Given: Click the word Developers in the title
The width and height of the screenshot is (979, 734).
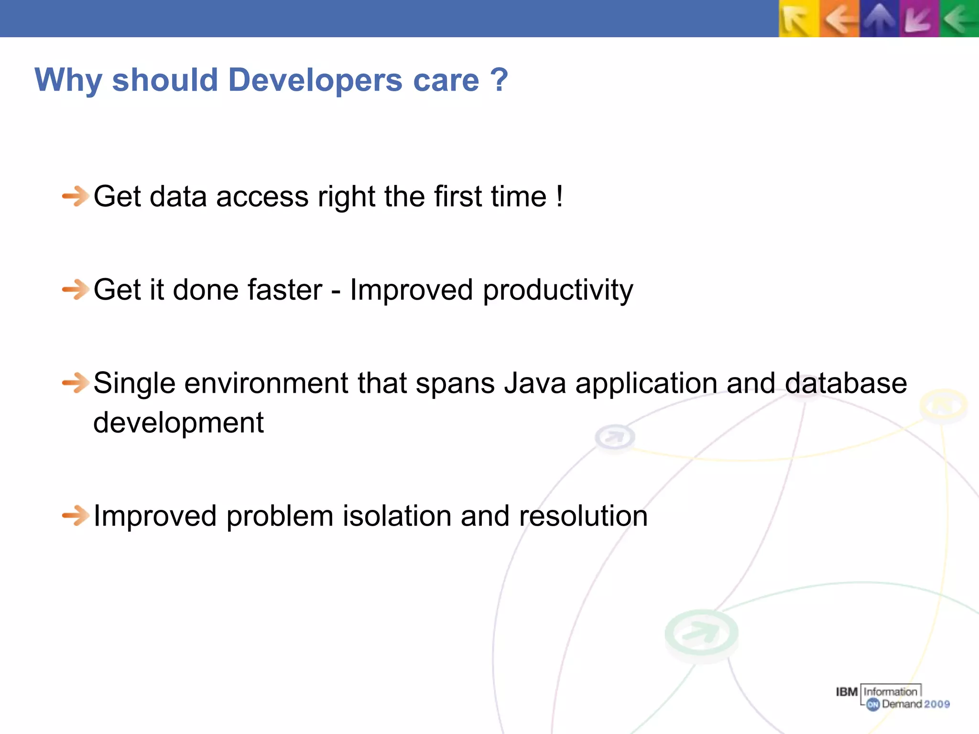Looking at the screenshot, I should [x=315, y=80].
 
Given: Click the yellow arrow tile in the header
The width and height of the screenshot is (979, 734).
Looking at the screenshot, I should [x=799, y=19].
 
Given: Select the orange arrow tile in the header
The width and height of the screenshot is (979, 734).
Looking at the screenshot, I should [x=839, y=19].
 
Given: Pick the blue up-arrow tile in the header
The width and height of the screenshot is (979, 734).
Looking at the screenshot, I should [x=879, y=19].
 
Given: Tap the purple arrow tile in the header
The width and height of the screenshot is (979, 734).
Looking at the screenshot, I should [x=919, y=19].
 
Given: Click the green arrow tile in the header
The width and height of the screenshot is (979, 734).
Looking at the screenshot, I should [x=959, y=19].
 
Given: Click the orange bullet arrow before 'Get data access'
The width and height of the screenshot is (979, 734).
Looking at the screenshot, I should [x=76, y=196].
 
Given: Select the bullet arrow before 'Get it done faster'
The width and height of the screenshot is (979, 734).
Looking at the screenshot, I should [x=76, y=290].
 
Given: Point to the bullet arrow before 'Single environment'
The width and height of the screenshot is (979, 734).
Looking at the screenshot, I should [x=76, y=383].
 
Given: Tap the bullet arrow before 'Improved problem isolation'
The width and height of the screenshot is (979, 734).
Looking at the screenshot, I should [x=76, y=516].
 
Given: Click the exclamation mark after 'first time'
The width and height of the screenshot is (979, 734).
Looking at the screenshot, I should [x=559, y=196].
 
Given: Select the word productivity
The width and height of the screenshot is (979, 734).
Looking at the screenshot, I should [x=558, y=291].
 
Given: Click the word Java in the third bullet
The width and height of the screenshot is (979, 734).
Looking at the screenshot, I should [x=535, y=383].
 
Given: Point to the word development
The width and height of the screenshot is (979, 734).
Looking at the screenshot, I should [x=178, y=423].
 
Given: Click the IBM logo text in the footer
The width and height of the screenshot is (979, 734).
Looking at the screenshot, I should [x=847, y=692].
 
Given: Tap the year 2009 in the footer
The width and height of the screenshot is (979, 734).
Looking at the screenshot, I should [x=937, y=704].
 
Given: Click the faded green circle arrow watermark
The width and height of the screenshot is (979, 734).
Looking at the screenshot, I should [x=701, y=633].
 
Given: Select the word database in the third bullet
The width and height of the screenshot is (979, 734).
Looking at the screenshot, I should [x=846, y=383].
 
